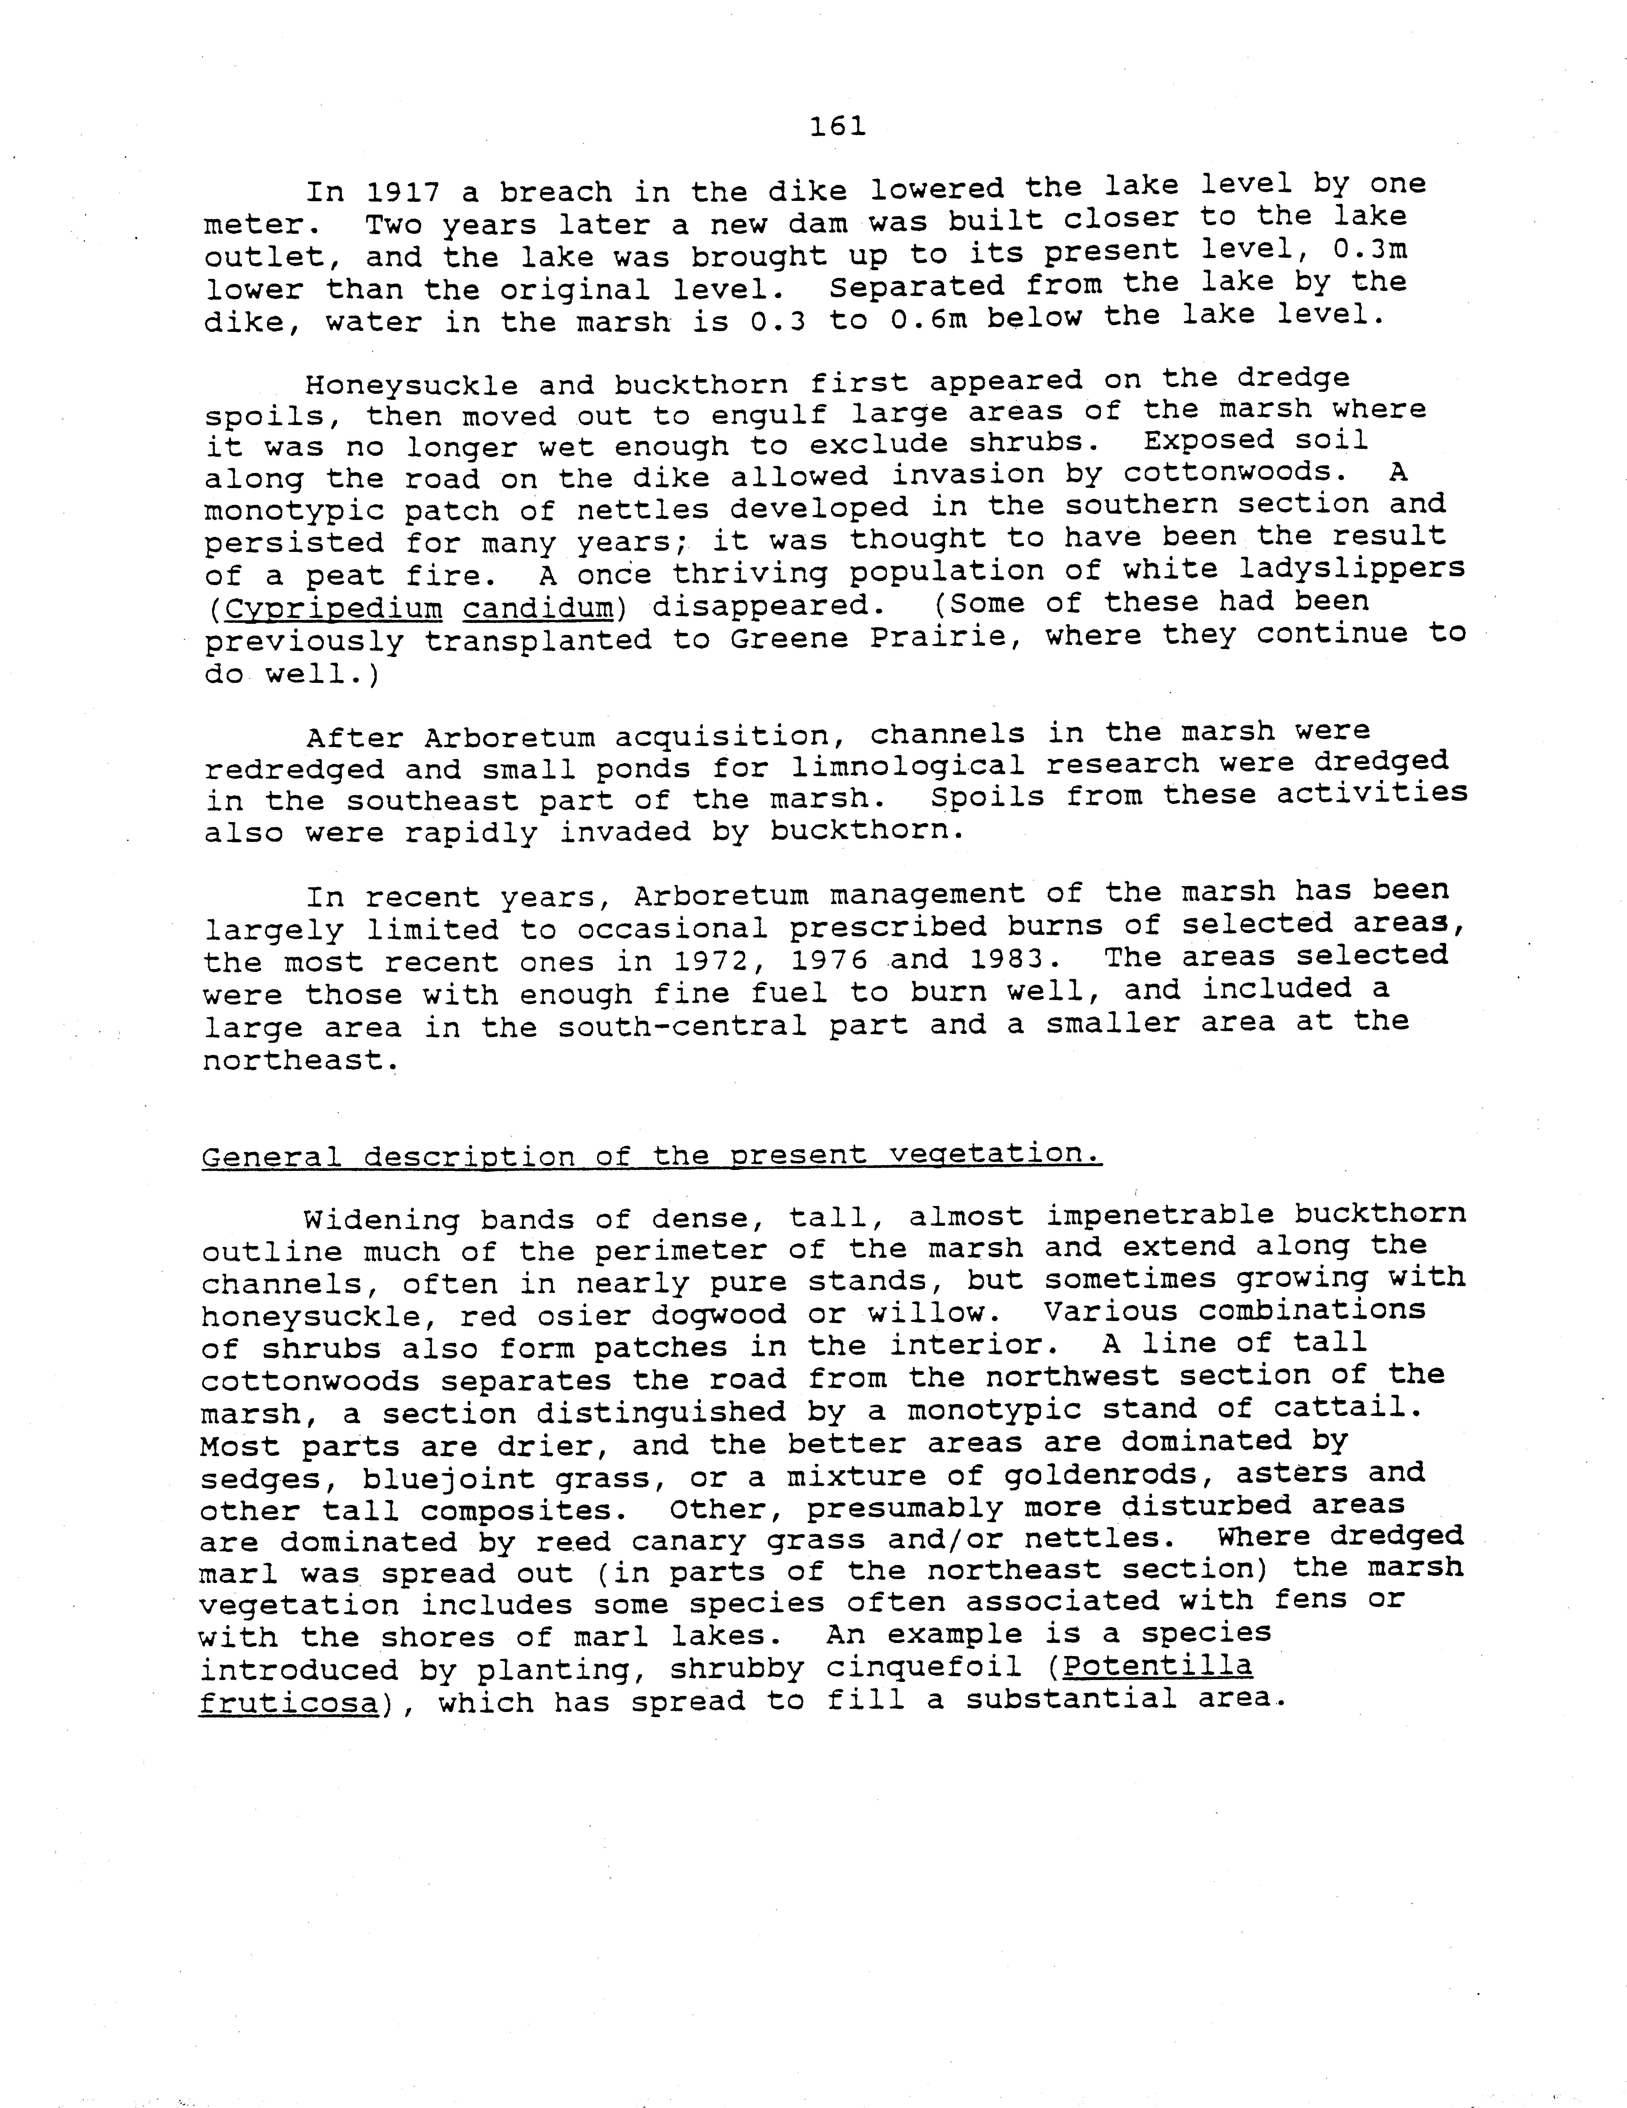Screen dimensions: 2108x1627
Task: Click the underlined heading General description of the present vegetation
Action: point(651,1155)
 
